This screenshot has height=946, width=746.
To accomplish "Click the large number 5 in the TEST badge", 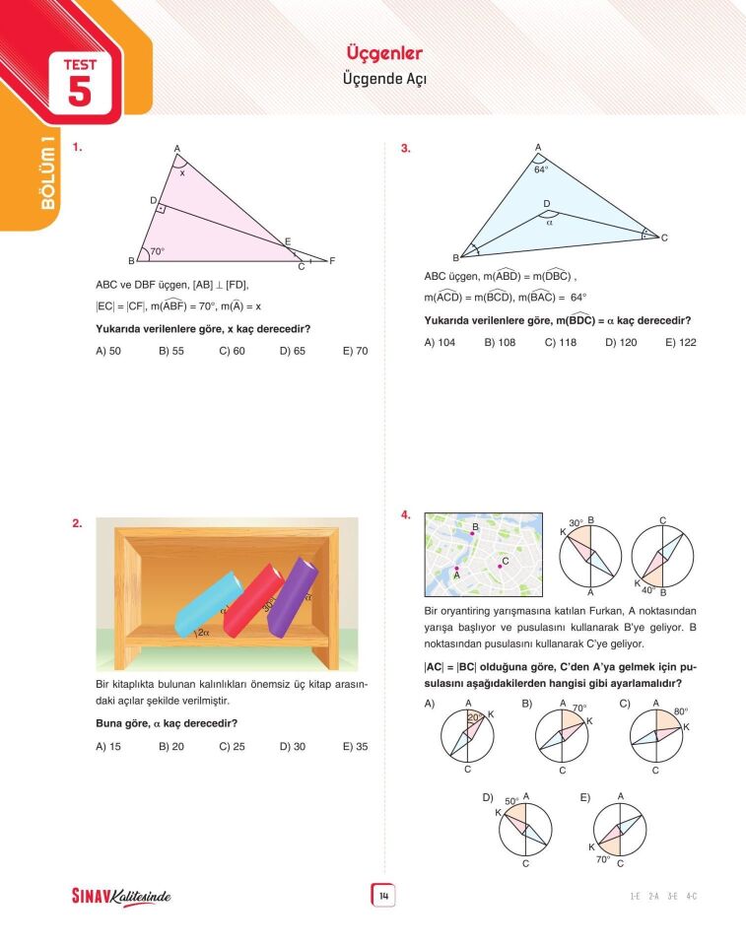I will point(80,92).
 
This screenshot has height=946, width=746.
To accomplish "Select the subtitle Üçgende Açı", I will point(384,78).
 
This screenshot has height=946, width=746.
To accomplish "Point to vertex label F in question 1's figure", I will point(332,261).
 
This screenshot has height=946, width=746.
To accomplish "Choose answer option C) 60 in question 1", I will point(232,350).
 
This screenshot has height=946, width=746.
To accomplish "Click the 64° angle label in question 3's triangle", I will point(541,169).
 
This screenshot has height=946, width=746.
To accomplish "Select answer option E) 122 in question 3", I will point(680,342).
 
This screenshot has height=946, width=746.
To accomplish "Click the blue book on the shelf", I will point(207,603).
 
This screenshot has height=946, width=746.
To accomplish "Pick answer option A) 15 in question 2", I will point(108,746).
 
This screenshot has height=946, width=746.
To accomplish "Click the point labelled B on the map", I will point(474,531).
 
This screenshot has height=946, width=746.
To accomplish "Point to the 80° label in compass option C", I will point(680,710).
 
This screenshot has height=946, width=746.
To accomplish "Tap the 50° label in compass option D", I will point(510,801).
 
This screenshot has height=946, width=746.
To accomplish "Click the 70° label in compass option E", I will point(603,858).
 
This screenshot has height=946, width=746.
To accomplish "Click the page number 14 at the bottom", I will point(383,896).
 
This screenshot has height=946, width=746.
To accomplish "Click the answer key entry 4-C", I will point(692,896).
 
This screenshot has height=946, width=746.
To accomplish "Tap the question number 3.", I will point(405,149).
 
